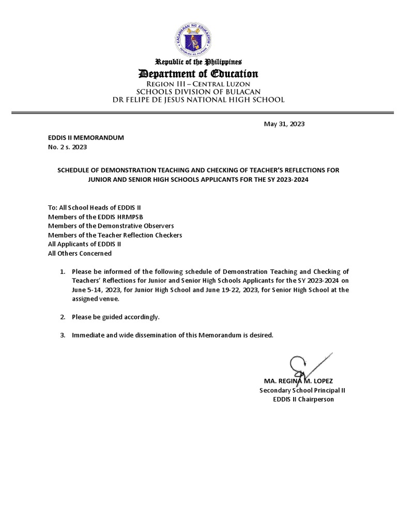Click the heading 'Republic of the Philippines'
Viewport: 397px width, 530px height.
199,62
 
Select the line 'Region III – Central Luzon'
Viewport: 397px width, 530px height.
199,83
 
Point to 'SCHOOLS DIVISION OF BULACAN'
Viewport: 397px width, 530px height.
199,92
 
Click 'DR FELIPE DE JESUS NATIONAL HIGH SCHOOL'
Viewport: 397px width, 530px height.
199,100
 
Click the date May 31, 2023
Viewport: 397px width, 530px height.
284,124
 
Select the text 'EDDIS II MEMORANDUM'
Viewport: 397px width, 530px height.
86,138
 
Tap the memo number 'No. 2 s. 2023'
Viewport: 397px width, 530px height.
67,147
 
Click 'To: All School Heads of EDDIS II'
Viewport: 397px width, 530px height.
91,207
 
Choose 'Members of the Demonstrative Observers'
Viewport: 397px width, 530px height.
111,226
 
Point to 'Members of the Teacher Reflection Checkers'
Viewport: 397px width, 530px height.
115,235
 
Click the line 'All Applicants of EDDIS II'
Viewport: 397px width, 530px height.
84,244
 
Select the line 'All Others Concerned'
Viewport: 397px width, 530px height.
80,254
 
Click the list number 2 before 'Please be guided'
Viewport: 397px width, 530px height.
63,316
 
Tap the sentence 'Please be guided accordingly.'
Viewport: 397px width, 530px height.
116,316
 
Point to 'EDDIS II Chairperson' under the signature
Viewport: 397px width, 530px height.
303,400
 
